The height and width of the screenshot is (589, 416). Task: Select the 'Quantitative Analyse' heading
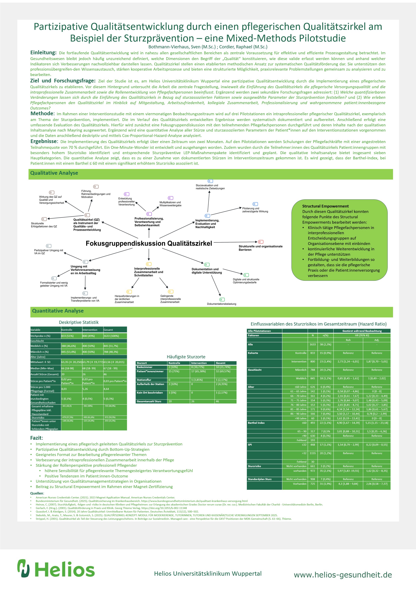[58, 311]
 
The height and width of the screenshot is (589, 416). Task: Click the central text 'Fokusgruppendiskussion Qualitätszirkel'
[149, 243]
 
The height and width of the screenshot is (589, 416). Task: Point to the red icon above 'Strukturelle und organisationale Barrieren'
[261, 242]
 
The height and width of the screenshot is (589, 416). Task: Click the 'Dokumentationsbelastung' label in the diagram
[221, 304]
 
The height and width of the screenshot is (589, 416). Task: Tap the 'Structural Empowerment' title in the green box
[325, 206]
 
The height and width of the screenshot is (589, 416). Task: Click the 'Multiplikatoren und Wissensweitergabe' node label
[170, 204]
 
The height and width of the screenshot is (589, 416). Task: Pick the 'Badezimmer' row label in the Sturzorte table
[145, 367]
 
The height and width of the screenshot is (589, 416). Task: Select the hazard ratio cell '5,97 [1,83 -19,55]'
[348, 471]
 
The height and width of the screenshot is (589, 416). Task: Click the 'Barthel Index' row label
[256, 423]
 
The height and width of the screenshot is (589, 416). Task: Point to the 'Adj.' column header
[377, 340]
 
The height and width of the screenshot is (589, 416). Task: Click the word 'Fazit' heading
[36, 438]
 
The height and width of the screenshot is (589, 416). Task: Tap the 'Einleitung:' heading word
[43, 53]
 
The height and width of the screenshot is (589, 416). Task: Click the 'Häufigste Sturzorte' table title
[186, 357]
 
